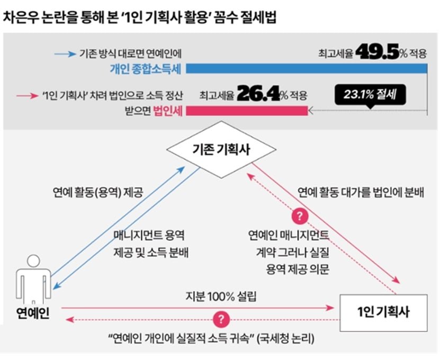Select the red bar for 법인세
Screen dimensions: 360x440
246,111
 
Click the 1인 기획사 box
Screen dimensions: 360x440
383,311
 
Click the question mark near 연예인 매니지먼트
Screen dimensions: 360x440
300,216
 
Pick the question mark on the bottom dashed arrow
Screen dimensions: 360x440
221,319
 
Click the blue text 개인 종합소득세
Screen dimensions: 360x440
144,69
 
